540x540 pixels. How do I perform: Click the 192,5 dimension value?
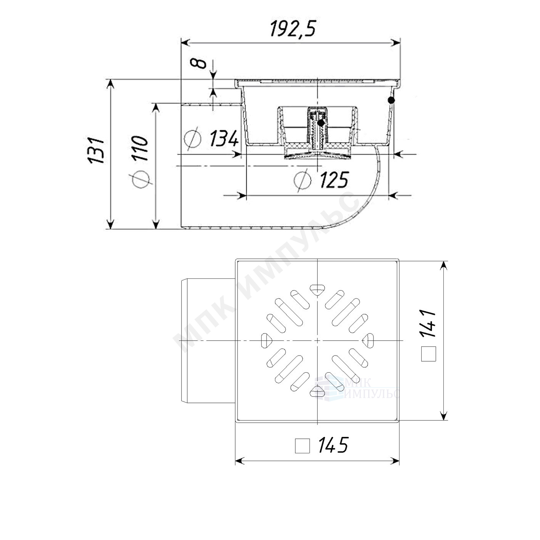[x=293, y=29]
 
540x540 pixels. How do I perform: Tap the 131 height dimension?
[x=95, y=150]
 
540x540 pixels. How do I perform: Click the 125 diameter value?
[x=334, y=179]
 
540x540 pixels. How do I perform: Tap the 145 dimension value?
[x=333, y=445]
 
